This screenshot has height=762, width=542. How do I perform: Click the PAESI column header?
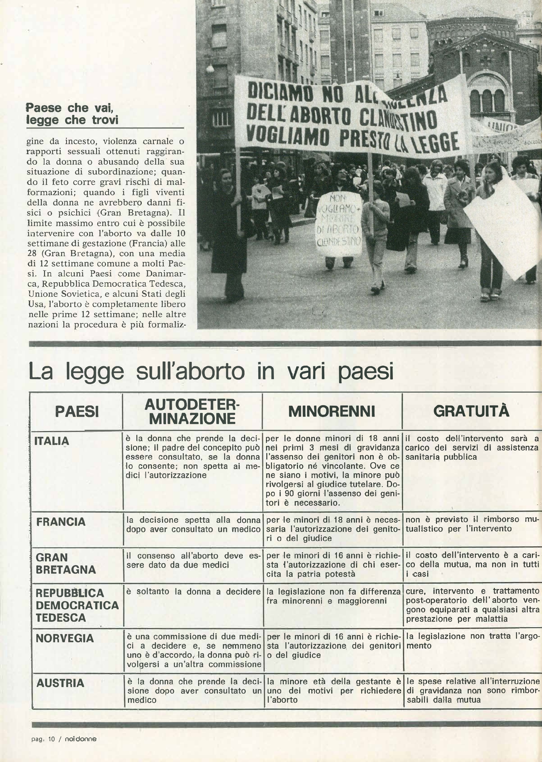(77, 411)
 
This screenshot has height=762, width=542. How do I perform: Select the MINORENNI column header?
(332, 411)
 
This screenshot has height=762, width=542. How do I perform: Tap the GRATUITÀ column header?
(471, 411)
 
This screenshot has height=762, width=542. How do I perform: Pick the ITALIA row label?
(52, 441)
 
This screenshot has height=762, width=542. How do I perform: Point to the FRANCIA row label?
(61, 522)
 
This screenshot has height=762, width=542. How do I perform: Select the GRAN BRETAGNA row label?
(66, 564)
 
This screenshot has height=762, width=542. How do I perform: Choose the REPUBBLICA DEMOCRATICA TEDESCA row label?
(77, 605)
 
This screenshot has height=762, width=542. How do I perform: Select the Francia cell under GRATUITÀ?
(471, 524)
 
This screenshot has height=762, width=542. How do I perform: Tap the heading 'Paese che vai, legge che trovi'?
(72, 114)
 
